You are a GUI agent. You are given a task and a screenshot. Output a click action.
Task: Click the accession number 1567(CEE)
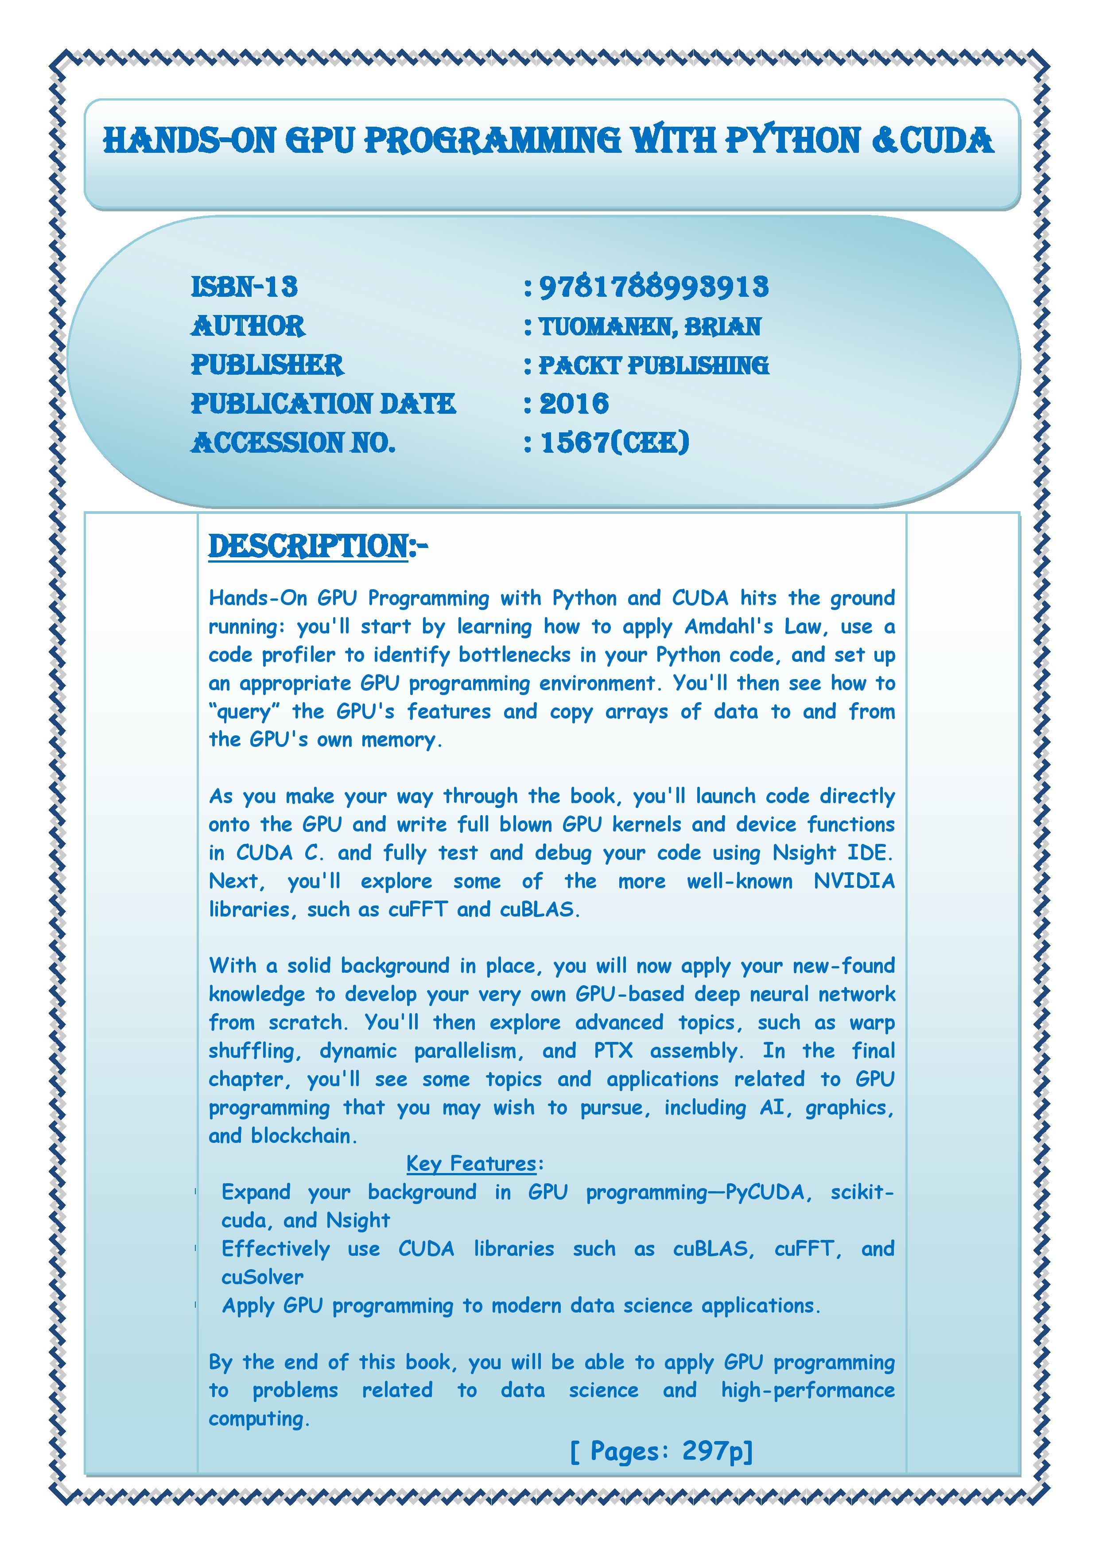pyautogui.click(x=614, y=443)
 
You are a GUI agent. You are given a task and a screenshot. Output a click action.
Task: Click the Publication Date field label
pyautogui.click(x=323, y=404)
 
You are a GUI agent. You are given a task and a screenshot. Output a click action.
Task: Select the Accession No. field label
pyautogui.click(x=292, y=443)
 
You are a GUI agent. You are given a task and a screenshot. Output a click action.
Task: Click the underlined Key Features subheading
pyautogui.click(x=472, y=1163)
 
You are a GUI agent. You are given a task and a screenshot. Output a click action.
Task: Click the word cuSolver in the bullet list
pyautogui.click(x=263, y=1277)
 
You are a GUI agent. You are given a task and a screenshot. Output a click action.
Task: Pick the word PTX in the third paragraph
pyautogui.click(x=613, y=1050)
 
